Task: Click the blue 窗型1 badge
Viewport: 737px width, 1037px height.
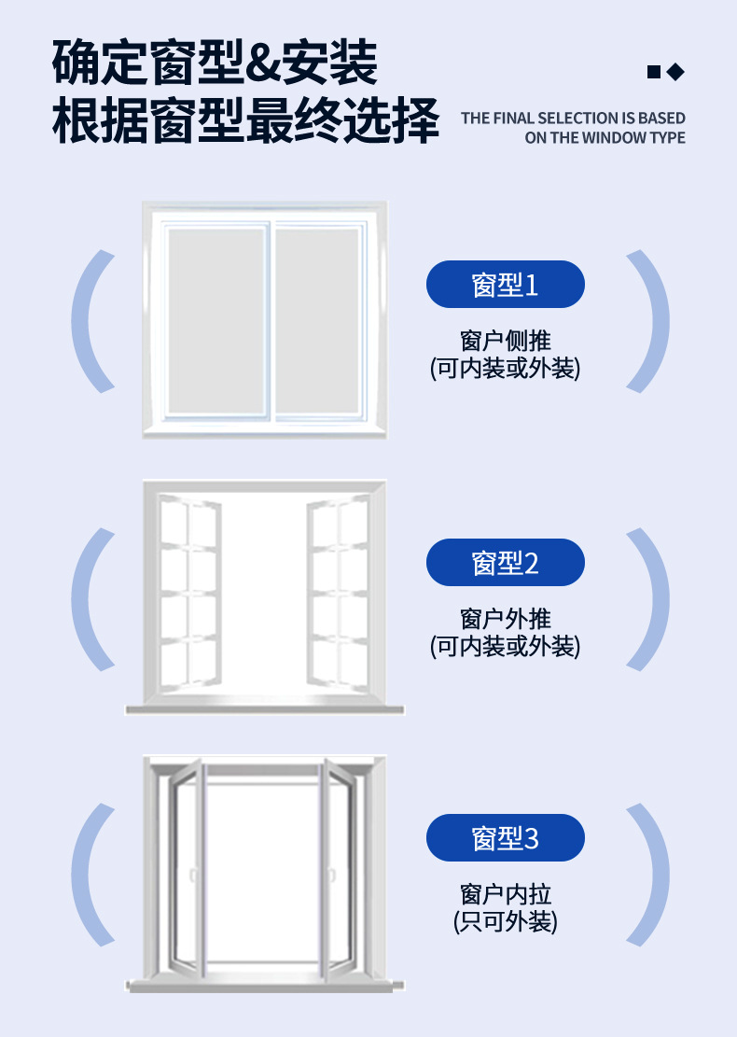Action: [x=505, y=285]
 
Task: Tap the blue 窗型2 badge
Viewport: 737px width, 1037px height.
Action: [x=505, y=563]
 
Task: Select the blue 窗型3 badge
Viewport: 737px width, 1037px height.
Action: [x=505, y=838]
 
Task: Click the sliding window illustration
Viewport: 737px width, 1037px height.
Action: [x=264, y=319]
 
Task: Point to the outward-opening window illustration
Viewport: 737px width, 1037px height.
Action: [x=264, y=597]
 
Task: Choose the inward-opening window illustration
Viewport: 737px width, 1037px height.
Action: [x=264, y=873]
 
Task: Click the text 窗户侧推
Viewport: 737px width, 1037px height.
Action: [x=505, y=340]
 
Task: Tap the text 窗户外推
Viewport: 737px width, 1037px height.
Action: [x=505, y=618]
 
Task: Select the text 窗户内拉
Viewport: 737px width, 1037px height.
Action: [x=505, y=894]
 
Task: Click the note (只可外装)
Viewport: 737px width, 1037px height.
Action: [x=505, y=922]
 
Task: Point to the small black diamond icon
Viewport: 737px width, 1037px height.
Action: [x=676, y=72]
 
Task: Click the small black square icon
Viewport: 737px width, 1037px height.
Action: [x=654, y=72]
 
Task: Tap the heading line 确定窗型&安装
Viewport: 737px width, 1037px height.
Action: [x=215, y=63]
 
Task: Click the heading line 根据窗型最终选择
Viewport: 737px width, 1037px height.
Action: [x=245, y=121]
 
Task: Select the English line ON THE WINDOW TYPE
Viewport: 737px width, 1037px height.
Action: [x=605, y=138]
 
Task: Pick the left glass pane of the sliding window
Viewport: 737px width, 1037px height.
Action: [x=216, y=319]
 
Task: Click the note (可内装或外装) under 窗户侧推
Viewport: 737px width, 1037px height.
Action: [x=505, y=368]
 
